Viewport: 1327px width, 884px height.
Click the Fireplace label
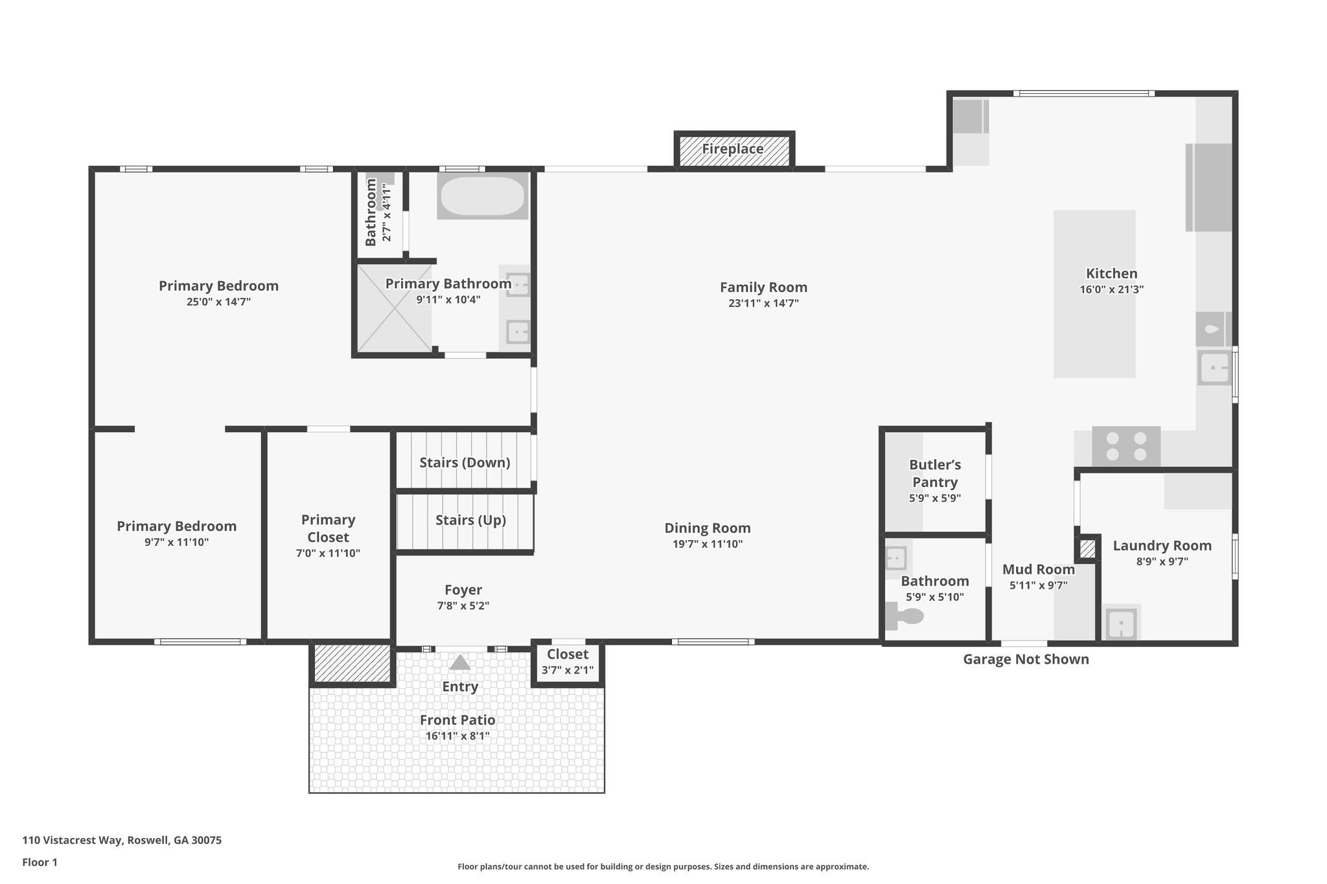[x=733, y=149]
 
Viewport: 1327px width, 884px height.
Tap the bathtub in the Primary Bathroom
[x=482, y=196]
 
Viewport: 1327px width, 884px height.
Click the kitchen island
[x=1094, y=324]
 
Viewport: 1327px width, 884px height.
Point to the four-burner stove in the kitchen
[x=1126, y=446]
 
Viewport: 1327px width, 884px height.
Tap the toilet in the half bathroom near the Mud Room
[x=905, y=616]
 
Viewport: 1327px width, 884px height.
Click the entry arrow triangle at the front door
[x=460, y=663]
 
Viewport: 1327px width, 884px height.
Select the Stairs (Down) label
[x=465, y=462]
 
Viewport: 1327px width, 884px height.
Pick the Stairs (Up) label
[x=470, y=520]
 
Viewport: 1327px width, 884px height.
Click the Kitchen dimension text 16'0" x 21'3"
[x=1111, y=289]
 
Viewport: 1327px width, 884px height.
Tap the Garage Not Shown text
[x=1026, y=659]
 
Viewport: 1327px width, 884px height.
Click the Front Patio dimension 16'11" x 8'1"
[x=457, y=736]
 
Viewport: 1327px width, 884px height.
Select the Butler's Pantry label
[x=934, y=473]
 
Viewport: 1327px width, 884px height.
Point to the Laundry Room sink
[x=1121, y=624]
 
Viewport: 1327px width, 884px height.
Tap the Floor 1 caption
[x=40, y=862]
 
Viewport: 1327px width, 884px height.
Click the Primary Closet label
[x=328, y=528]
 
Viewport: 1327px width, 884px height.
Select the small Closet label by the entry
[x=568, y=654]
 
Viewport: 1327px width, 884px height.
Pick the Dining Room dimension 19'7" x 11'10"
[x=708, y=544]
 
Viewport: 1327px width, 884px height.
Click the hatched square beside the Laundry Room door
[x=1087, y=549]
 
